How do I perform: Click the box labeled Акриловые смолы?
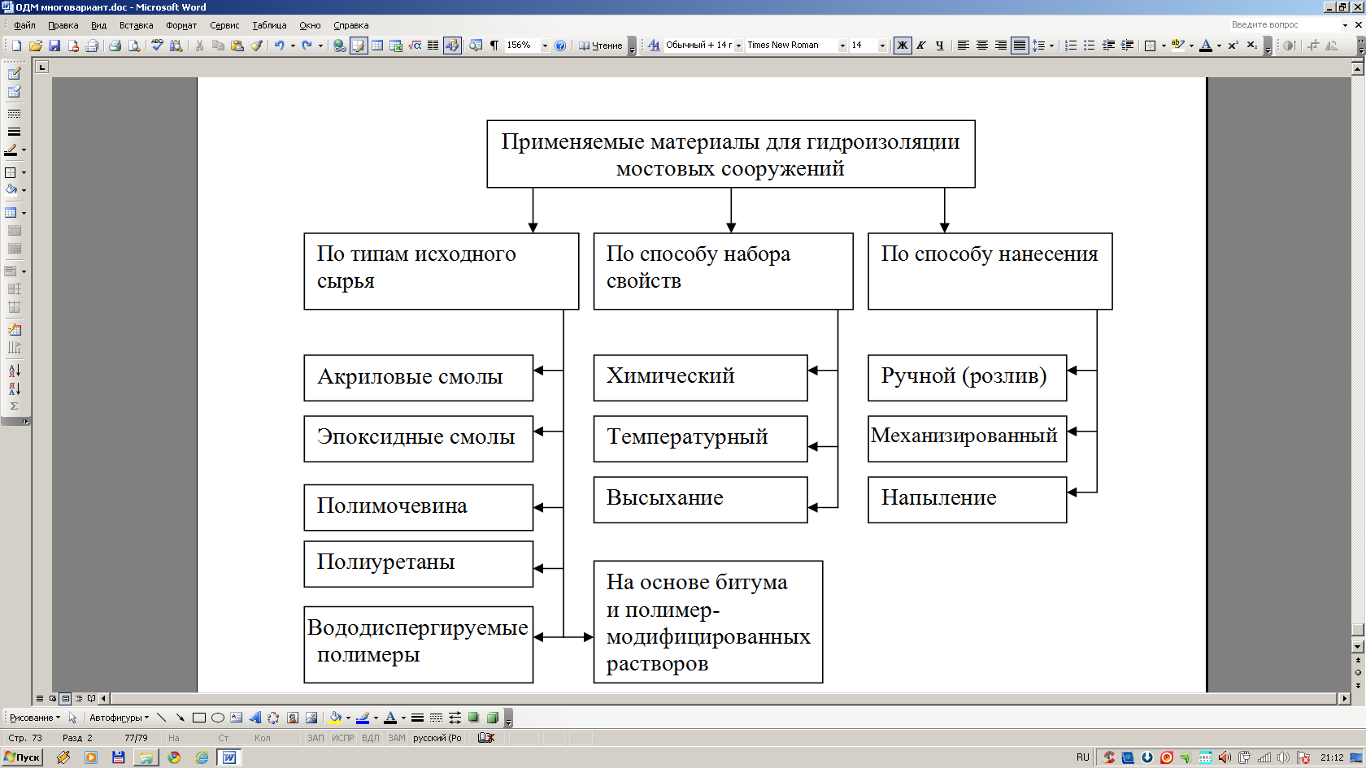coord(418,378)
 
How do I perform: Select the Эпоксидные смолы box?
coord(418,439)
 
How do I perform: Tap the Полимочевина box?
coord(418,507)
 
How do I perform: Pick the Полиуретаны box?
coord(418,564)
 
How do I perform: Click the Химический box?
coord(701,378)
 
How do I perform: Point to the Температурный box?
coord(701,439)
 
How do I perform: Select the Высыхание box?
coord(701,500)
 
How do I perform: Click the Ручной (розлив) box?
coord(968,378)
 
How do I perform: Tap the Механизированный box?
coord(968,439)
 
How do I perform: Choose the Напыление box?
coord(968,500)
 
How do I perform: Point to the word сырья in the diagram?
coord(345,282)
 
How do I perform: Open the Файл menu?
coord(24,25)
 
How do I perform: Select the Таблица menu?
coord(269,25)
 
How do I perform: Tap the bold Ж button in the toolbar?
coord(903,46)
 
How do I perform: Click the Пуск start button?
coord(22,757)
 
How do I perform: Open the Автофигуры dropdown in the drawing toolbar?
coord(119,718)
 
